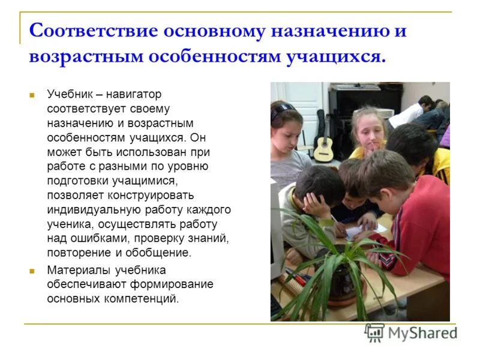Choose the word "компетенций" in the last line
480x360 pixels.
[x=146, y=298]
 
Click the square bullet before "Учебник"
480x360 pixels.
[x=33, y=95]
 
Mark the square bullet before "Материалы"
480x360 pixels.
[x=33, y=271]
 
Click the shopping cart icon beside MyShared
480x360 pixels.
[x=374, y=332]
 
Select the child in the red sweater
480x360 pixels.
[x=414, y=216]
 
